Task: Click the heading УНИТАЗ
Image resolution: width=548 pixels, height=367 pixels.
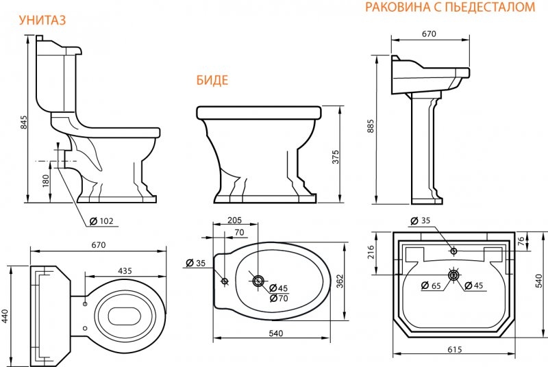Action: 42,21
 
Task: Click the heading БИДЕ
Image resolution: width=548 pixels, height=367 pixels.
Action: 212,80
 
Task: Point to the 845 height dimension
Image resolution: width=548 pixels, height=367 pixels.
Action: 23,123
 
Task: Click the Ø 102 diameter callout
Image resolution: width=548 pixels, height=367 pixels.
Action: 101,220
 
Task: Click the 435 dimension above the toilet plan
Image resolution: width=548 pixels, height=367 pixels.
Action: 124,271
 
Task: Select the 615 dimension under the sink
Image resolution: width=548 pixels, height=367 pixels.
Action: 454,350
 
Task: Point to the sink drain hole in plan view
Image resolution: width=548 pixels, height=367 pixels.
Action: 453,275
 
